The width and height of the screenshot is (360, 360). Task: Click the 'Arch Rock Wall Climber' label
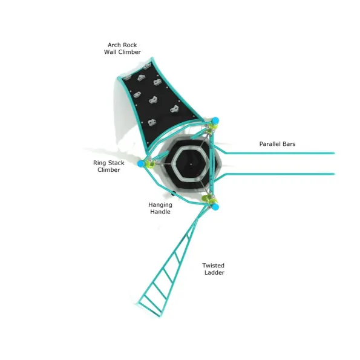[x=122, y=48]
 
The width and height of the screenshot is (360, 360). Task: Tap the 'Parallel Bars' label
[x=277, y=144]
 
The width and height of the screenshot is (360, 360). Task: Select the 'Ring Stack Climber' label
[x=108, y=166]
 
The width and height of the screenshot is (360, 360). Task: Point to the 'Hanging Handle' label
[x=160, y=208]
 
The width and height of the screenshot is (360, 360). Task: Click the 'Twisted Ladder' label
[x=214, y=269]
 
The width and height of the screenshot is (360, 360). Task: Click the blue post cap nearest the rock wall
[x=215, y=120]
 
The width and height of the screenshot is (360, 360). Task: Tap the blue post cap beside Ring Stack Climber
[x=141, y=164]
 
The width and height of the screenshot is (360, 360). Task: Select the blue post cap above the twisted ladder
[x=215, y=207]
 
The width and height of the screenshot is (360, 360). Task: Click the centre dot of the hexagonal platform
[x=191, y=164]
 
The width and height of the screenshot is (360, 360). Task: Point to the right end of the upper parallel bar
[x=334, y=153]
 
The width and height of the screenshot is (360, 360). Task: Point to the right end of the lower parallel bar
[x=334, y=174]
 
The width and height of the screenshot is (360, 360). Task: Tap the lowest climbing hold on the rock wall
[x=151, y=123]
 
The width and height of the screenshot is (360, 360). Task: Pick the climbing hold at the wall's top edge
[x=147, y=67]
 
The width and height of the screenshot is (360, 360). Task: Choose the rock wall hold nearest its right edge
[x=175, y=109]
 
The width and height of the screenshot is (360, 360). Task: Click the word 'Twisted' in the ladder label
[x=214, y=266]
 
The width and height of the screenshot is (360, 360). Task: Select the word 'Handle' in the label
[x=160, y=212]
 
